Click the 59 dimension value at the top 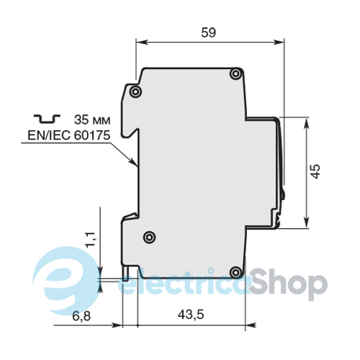click(208, 32)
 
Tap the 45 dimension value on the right click(315, 171)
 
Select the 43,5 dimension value click(191, 314)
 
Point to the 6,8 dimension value click(81, 316)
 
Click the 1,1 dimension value click(91, 240)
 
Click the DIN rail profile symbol click(47, 119)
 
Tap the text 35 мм click(92, 120)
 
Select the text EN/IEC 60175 click(69, 135)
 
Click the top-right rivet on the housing click(235, 73)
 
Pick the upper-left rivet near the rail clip click(135, 91)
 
